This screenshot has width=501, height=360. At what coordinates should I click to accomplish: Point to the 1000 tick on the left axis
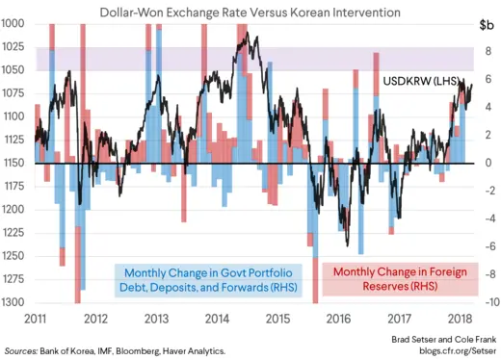tap(14, 23)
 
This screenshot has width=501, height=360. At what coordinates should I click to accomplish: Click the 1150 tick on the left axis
tap(14, 163)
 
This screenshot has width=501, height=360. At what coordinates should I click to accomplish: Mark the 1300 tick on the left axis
tap(14, 302)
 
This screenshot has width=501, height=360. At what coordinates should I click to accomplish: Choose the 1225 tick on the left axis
tap(14, 232)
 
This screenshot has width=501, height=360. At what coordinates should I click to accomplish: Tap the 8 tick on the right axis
tap(488, 51)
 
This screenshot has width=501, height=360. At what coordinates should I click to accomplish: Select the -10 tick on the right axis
tap(488, 302)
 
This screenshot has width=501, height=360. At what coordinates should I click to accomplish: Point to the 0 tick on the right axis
tap(488, 163)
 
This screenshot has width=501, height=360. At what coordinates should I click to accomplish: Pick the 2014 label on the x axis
tap(217, 319)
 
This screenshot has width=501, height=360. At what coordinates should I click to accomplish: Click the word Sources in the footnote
tap(25, 351)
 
